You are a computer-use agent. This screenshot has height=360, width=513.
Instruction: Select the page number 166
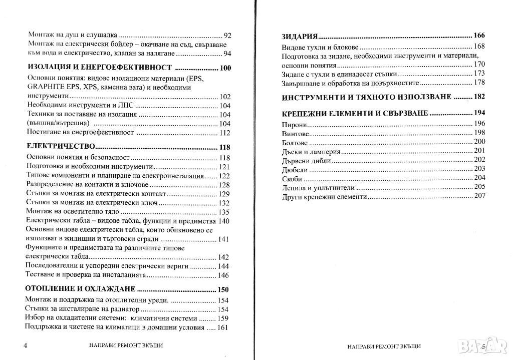coord(479,36)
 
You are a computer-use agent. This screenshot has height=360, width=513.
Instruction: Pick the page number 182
coord(479,97)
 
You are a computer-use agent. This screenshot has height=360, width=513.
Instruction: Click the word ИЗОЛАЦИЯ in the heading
coord(48,68)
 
